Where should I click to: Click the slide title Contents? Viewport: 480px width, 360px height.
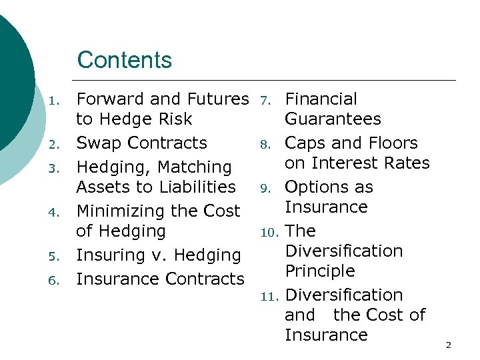[x=125, y=60]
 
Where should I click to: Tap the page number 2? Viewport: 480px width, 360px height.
[x=448, y=345]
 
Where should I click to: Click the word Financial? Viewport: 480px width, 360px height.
[x=321, y=99]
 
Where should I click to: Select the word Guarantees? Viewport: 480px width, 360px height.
[x=333, y=119]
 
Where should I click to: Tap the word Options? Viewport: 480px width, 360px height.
[x=317, y=187]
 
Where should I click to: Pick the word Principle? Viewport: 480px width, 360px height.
[x=320, y=271]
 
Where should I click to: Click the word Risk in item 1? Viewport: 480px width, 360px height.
[x=173, y=119]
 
